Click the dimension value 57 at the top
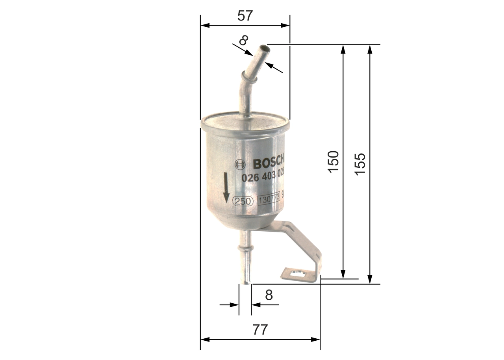[x=245, y=16]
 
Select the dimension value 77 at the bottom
[x=259, y=329]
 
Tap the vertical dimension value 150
[x=333, y=161]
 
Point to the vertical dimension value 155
[x=360, y=164]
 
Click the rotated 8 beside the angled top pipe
[x=244, y=40]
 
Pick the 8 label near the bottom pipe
[x=269, y=295]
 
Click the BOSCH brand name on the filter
[x=268, y=163]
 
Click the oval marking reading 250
[x=243, y=201]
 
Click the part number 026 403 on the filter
[x=263, y=177]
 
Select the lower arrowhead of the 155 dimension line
[x=369, y=280]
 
